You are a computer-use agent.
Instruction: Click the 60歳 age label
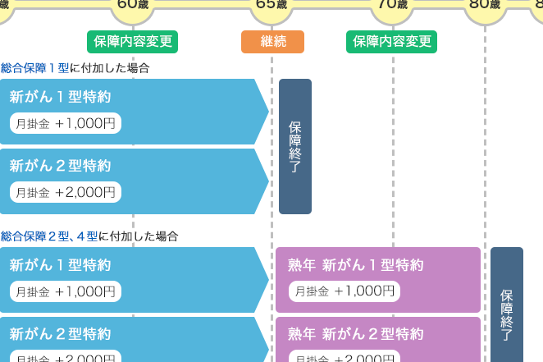pos(134,5)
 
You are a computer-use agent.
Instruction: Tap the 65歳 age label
pos(271,5)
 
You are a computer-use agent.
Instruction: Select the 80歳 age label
pos(484,5)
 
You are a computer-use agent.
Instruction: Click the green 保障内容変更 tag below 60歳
pos(133,42)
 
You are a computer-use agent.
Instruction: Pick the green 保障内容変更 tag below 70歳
pos(391,42)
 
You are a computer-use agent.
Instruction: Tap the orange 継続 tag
pos(272,42)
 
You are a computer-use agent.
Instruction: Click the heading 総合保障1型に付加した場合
pos(75,68)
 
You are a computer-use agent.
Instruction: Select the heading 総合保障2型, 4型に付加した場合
pos(89,236)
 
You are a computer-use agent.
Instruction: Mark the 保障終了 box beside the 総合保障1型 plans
pos(295,146)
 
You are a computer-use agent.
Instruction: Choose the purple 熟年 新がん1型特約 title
pos(355,265)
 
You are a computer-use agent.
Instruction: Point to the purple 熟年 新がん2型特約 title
pos(355,334)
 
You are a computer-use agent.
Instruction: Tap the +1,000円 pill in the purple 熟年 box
pos(345,291)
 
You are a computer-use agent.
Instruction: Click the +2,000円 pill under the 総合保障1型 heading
pos(66,192)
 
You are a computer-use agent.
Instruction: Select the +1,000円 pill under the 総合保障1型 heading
pos(66,123)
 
